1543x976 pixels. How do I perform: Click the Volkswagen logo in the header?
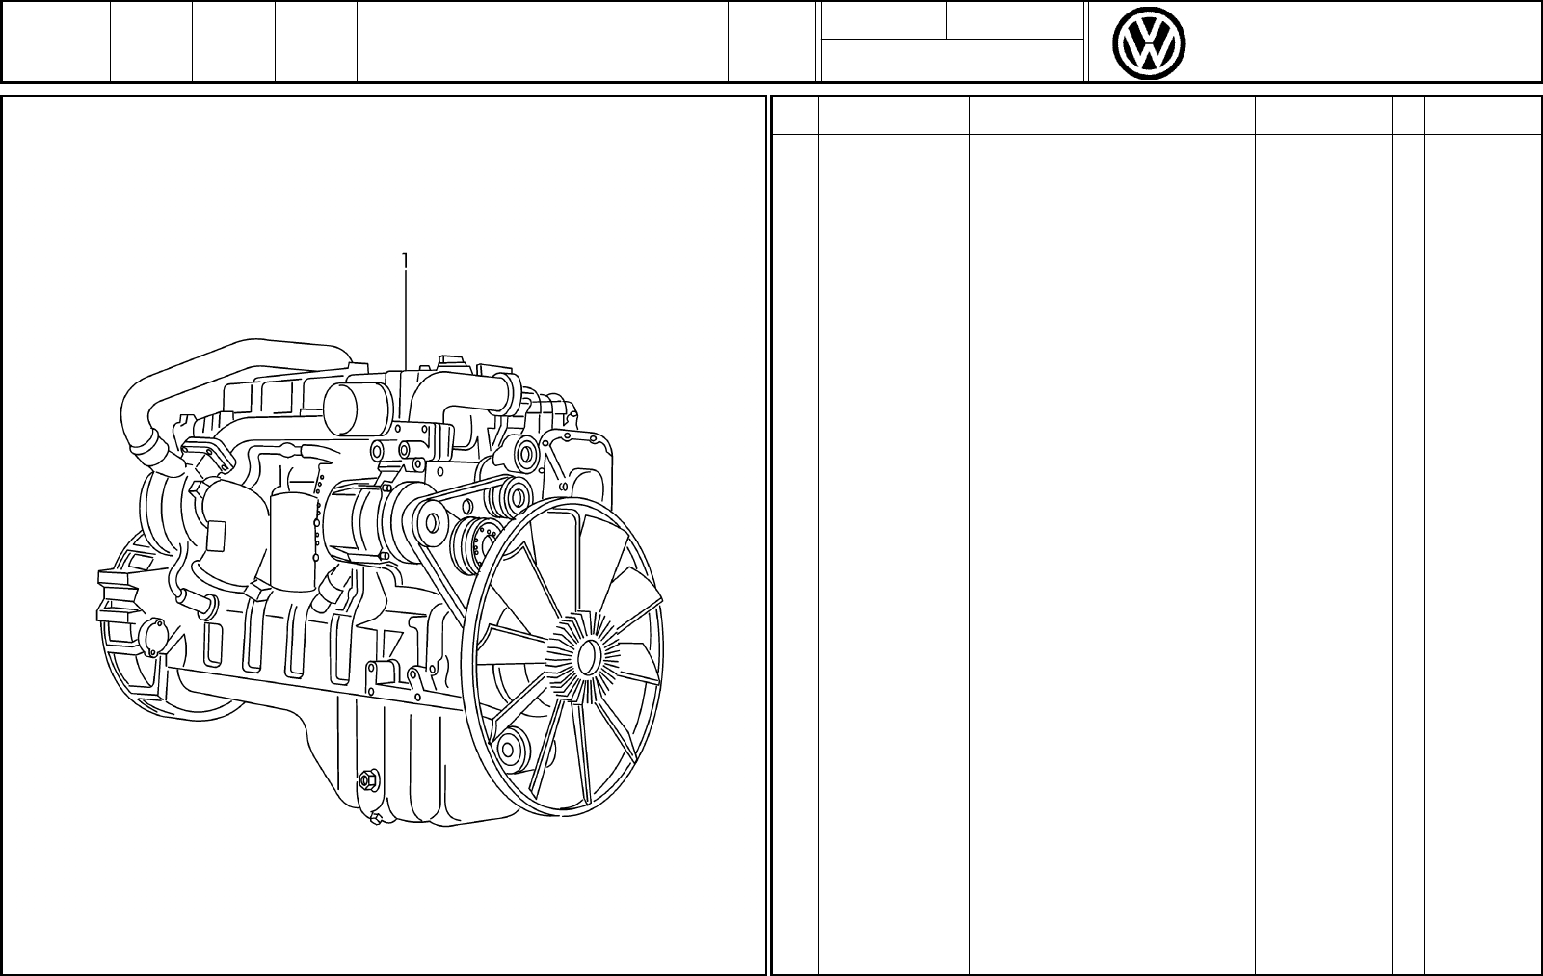1148,43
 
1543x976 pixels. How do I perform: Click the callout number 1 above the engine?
405,260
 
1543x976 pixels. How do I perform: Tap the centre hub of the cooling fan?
587,656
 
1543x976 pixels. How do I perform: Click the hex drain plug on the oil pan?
366,780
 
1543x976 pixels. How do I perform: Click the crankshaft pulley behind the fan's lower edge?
513,748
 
